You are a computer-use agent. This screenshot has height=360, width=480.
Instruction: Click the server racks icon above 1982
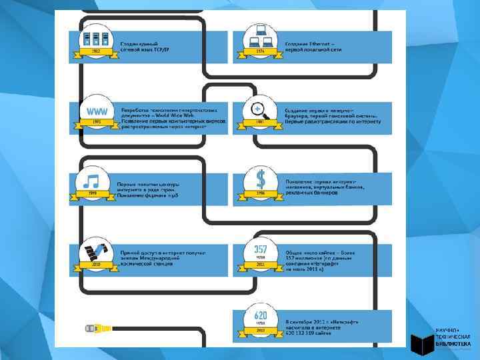pyautogui.click(x=94, y=39)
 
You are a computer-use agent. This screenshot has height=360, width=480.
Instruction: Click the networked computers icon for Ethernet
pyautogui.click(x=260, y=37)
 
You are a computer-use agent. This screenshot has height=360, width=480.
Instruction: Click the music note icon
pyautogui.click(x=93, y=181)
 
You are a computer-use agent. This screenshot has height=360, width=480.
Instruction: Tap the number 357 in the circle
pyautogui.click(x=261, y=249)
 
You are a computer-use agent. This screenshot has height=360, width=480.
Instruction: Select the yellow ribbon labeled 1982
pyautogui.click(x=94, y=51)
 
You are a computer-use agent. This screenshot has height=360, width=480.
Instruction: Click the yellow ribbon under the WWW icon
pyautogui.click(x=95, y=122)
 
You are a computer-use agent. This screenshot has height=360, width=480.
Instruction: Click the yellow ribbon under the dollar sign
pyautogui.click(x=261, y=193)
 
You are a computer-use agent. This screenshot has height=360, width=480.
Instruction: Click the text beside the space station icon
pyautogui.click(x=163, y=258)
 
